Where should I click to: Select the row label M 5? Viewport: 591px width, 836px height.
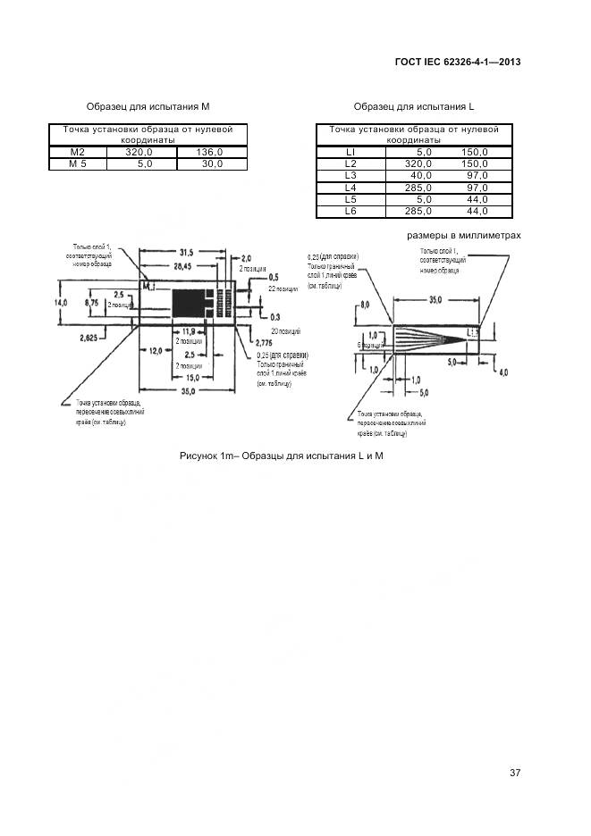click(x=78, y=163)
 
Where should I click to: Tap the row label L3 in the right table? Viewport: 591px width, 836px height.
click(x=350, y=176)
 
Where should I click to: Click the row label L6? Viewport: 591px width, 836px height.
click(x=350, y=212)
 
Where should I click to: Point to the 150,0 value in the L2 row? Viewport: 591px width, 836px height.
click(x=474, y=164)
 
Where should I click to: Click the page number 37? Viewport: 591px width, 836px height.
click(x=514, y=773)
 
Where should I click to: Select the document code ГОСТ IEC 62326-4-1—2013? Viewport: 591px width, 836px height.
click(x=457, y=62)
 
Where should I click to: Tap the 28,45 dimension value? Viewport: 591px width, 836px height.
click(x=187, y=266)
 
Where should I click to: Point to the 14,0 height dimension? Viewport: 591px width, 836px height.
click(x=61, y=303)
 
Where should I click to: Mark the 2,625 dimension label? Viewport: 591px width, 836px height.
click(x=89, y=338)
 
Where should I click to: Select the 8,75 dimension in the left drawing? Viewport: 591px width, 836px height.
click(x=91, y=303)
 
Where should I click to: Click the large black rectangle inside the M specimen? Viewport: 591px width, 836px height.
click(x=190, y=304)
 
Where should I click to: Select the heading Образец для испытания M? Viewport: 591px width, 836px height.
click(x=148, y=106)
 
